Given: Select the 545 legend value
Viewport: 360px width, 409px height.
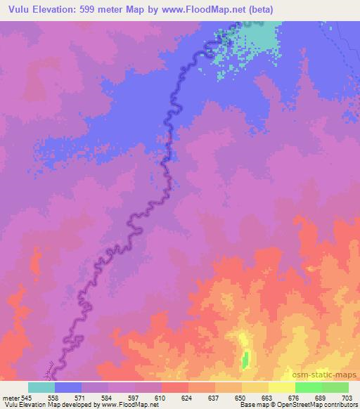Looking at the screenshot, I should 24,397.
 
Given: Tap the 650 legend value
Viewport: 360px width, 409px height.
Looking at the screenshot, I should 240,397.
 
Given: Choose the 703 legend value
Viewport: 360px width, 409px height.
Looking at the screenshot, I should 348,397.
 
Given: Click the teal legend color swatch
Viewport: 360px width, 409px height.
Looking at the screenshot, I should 41,387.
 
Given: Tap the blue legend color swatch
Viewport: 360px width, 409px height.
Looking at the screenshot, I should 68,387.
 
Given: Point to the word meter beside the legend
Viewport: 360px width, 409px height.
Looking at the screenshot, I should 10,397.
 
